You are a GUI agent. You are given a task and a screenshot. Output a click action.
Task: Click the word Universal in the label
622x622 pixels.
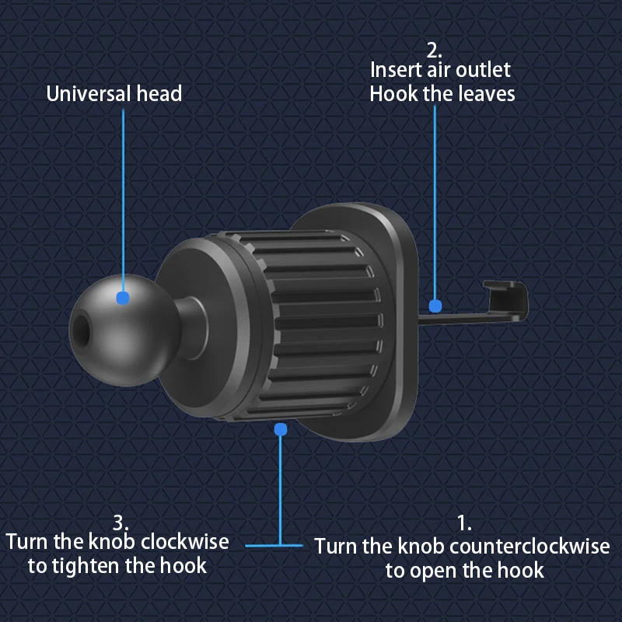tap(88, 94)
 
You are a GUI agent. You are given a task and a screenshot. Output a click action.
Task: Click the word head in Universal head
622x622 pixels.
tap(159, 94)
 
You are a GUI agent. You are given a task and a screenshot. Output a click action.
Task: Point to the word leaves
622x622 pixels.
tap(484, 94)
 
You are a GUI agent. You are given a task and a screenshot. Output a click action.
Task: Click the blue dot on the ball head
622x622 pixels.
tap(121, 297)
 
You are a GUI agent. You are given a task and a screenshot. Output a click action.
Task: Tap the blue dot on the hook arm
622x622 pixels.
tap(435, 306)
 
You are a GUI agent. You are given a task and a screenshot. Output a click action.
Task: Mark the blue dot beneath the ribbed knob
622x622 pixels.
tap(281, 429)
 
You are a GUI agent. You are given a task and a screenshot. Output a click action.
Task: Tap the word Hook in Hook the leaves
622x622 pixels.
tap(394, 94)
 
